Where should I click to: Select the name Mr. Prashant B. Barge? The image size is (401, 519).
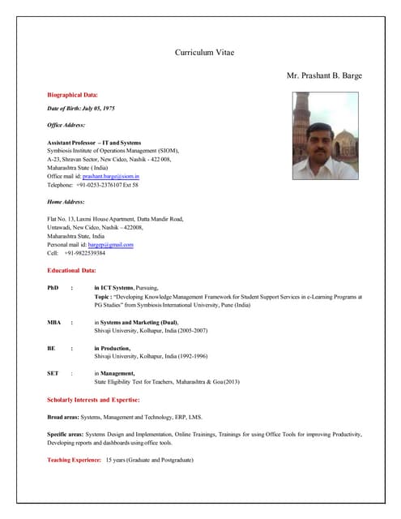(324, 75)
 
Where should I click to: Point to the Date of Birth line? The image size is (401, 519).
(82, 108)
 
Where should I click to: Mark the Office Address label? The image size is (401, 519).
(66, 125)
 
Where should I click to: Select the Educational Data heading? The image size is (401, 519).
(72, 269)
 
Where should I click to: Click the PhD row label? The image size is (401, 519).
(53, 288)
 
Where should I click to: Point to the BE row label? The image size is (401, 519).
(52, 348)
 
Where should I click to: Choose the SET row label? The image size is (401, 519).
(53, 373)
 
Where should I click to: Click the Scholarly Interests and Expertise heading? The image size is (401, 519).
(93, 400)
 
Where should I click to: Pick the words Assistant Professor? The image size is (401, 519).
(71, 143)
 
